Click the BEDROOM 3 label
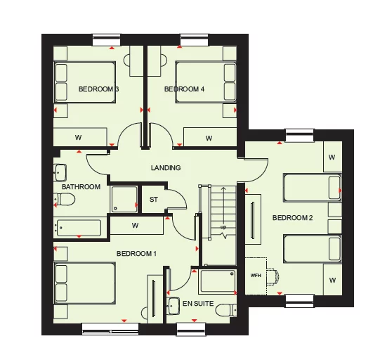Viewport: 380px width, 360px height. coord(98,89)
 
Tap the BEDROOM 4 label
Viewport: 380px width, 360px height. coord(184,89)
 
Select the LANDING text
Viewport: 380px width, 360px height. coord(166,168)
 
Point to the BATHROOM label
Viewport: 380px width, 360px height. coord(81,187)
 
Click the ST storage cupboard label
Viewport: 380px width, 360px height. coord(154,200)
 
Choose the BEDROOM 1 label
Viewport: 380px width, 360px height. coord(136,253)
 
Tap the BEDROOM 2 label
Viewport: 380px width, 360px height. coord(292,218)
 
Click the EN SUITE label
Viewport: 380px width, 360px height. coord(197,303)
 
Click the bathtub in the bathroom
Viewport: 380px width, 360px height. coord(78,228)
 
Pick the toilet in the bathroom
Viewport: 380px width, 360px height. coord(65,200)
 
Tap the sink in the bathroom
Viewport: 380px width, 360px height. coord(60,171)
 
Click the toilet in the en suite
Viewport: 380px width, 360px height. coord(225,309)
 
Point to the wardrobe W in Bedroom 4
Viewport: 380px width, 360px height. coord(209,138)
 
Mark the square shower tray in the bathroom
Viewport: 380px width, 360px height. coord(124,200)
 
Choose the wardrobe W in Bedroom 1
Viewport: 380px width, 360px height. coord(134,226)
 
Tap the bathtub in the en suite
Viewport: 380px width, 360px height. coord(218,281)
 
